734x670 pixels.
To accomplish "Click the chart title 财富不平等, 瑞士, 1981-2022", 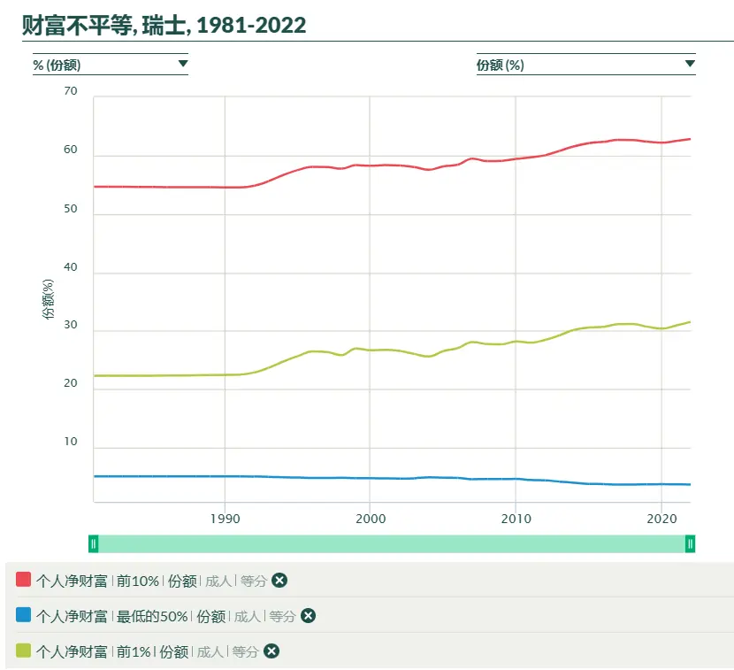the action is click(164, 25).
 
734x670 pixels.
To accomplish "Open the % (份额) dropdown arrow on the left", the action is click(183, 64).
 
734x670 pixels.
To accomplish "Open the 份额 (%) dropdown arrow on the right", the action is click(690, 64).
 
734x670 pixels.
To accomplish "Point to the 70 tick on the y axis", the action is click(71, 91).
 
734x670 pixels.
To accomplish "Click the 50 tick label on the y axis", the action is click(71, 209).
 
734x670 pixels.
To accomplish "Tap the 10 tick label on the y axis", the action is click(71, 442).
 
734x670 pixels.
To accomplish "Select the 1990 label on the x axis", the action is click(226, 519).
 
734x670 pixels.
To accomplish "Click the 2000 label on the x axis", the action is click(371, 519).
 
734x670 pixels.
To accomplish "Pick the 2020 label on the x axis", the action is click(661, 519).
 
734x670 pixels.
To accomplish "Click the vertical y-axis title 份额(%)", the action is click(49, 299).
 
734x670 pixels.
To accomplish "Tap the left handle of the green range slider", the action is click(94, 543).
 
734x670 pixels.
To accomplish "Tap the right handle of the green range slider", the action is click(690, 543).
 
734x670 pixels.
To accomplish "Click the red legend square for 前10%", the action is click(23, 579).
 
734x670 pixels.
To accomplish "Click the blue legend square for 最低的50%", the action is click(23, 614).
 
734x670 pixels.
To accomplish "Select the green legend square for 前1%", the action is click(23, 650).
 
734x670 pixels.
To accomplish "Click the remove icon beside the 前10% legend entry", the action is click(279, 581).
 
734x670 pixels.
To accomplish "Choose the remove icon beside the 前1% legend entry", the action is click(271, 651).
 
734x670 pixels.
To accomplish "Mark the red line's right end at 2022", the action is click(691, 139).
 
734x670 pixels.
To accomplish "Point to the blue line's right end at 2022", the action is click(691, 484).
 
